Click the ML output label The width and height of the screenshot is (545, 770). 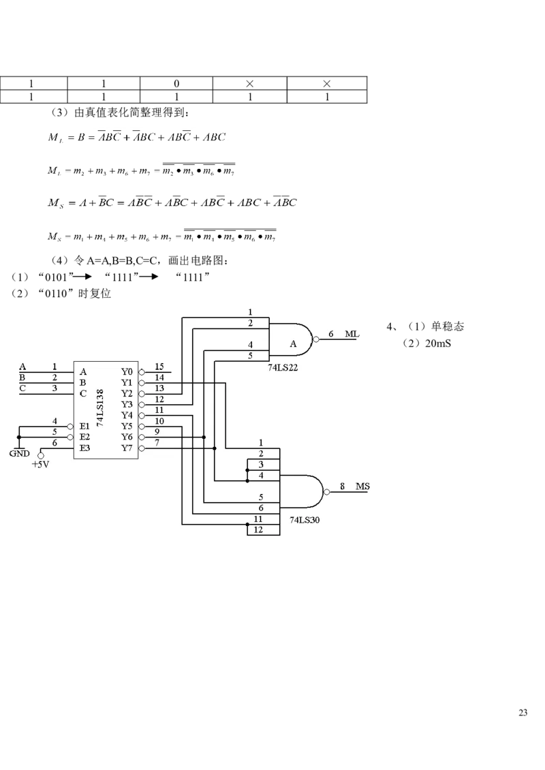point(352,334)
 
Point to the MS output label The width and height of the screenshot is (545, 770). point(362,487)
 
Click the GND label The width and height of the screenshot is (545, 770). point(18,453)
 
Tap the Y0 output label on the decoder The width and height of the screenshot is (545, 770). point(127,372)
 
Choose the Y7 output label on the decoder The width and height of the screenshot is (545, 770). point(127,448)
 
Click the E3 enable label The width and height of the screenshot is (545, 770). point(84,448)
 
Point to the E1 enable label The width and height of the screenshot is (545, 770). point(84,426)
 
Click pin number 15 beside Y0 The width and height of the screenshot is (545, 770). point(159,367)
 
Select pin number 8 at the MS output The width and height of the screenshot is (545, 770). point(342,487)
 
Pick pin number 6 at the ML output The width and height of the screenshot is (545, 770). point(331,334)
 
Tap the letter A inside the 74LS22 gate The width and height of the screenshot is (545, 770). point(294,344)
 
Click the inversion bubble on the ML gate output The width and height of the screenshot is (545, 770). point(315,339)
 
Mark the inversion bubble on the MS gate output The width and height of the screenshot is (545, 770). point(327,491)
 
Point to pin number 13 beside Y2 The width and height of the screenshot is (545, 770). point(159,388)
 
